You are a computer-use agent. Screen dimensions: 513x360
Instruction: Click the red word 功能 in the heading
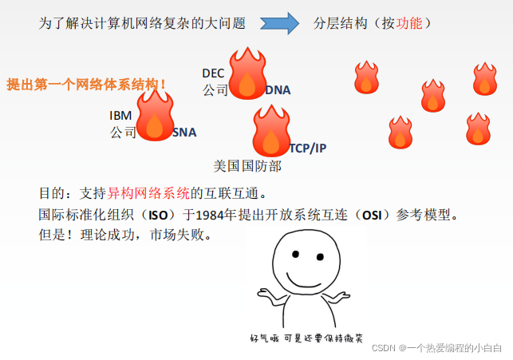point(410,23)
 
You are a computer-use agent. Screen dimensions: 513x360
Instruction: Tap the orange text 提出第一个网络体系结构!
point(87,84)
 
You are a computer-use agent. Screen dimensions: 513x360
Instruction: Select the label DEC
point(214,73)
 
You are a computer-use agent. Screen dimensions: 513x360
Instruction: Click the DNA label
point(278,90)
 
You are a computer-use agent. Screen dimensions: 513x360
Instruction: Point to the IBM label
point(120,116)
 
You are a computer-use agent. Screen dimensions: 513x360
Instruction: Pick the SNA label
point(184,133)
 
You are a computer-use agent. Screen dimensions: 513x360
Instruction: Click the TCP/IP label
point(307,148)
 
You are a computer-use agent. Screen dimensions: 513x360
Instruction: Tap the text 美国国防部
point(247,166)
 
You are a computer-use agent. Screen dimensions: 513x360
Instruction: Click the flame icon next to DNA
point(246,73)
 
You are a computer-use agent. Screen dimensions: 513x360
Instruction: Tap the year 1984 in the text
point(221,216)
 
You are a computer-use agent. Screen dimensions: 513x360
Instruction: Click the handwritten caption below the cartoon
point(305,337)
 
